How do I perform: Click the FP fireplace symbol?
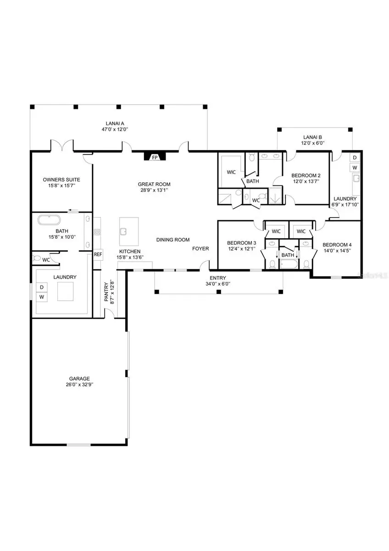pyautogui.click(x=155, y=157)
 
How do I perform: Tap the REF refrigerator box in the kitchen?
pyautogui.click(x=98, y=254)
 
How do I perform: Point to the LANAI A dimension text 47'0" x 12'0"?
pyautogui.click(x=114, y=129)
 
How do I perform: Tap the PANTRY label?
pyautogui.click(x=106, y=293)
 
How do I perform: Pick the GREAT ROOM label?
pyautogui.click(x=154, y=184)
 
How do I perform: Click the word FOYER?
pyautogui.click(x=200, y=248)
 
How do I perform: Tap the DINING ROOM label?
pyautogui.click(x=173, y=240)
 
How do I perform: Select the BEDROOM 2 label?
pyautogui.click(x=306, y=175)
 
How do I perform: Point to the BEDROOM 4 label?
pyautogui.click(x=337, y=245)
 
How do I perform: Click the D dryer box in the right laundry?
pyautogui.click(x=355, y=157)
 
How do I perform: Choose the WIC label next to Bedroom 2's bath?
pyautogui.click(x=231, y=172)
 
